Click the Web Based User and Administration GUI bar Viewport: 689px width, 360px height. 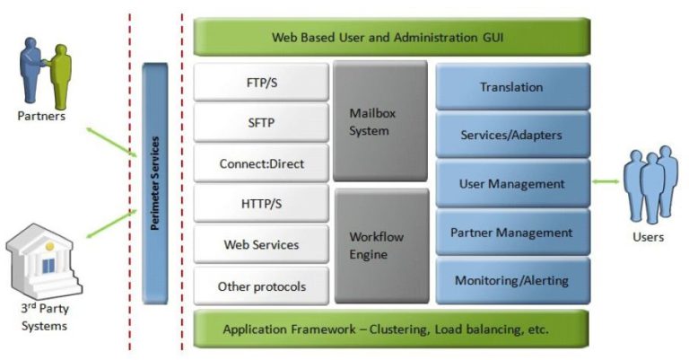point(392,38)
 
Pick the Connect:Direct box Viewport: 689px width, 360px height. point(262,164)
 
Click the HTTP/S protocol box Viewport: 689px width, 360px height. point(262,205)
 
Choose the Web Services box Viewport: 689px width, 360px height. point(262,245)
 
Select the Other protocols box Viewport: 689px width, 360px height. point(262,286)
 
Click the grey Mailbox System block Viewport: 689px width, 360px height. point(380,122)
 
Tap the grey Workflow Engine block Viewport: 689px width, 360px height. point(380,245)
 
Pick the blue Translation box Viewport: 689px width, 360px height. point(512,87)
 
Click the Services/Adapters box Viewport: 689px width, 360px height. point(512,136)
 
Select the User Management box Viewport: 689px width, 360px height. point(512,184)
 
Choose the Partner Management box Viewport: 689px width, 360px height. point(512,233)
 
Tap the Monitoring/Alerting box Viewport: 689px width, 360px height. point(512,281)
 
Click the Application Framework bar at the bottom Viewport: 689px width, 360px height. point(392,329)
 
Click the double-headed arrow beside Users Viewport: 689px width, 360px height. point(606,183)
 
